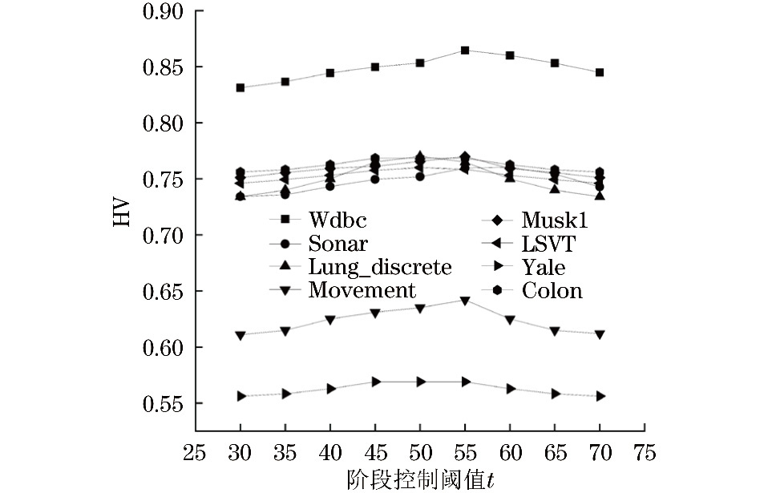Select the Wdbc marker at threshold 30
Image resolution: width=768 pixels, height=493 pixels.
coord(241,87)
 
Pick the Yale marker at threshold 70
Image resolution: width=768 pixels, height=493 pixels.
coord(599,396)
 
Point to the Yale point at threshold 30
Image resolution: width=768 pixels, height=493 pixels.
coord(241,396)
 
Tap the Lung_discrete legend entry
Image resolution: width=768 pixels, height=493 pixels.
coord(379,266)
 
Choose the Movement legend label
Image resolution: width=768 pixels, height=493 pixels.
coord(362,289)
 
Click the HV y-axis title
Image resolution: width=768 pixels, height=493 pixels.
coord(120,208)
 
